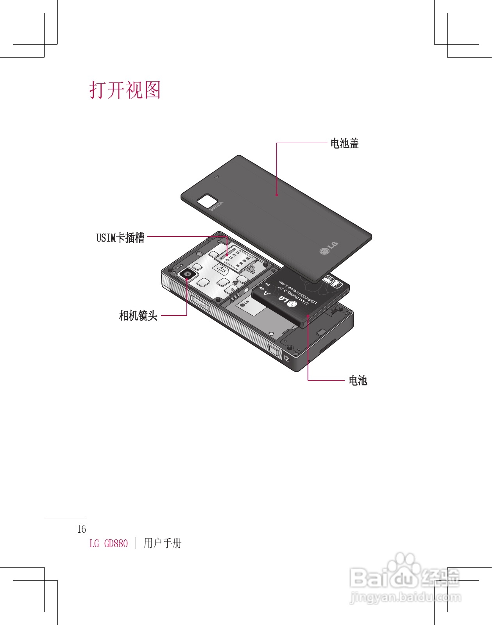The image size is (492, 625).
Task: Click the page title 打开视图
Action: click(125, 90)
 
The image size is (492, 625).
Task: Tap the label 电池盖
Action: click(344, 143)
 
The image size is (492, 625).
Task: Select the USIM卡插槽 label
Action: click(120, 237)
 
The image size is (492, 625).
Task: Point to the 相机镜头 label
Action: click(138, 315)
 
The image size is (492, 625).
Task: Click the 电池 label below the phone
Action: click(358, 380)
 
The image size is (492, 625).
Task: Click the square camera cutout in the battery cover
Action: click(207, 201)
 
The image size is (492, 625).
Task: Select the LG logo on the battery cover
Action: click(329, 248)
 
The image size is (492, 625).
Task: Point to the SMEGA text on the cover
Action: click(216, 206)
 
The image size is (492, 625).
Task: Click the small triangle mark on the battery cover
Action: click(216, 177)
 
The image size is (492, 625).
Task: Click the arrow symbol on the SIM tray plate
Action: click(221, 269)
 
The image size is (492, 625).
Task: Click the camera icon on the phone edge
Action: click(287, 358)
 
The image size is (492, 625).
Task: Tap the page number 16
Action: click(81, 529)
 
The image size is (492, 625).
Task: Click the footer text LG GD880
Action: click(109, 544)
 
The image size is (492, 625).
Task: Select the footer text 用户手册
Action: click(163, 543)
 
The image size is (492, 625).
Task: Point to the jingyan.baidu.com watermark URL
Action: click(405, 598)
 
